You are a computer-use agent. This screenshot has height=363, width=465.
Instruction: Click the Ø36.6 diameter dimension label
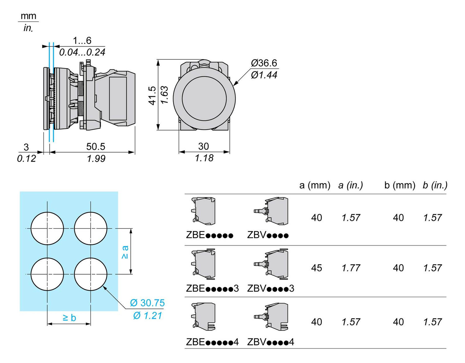point(264,63)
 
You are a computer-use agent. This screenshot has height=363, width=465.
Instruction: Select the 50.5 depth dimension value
point(96,146)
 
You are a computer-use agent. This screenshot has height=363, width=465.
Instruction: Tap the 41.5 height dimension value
point(152,96)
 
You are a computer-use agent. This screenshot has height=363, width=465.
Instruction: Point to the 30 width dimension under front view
point(204,146)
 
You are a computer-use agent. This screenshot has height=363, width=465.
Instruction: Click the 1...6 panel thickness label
point(82,41)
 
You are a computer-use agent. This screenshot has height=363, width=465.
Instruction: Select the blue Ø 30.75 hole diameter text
point(147,303)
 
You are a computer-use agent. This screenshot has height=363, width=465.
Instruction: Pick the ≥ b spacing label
point(69,318)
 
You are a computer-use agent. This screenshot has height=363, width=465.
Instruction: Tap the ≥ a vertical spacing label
point(125,252)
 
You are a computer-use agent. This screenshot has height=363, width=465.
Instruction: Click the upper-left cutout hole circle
point(47,228)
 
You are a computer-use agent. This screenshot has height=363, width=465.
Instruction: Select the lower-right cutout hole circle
point(91,274)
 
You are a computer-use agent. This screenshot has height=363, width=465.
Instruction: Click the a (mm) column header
point(314,185)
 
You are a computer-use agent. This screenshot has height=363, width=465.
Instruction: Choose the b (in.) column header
point(435,185)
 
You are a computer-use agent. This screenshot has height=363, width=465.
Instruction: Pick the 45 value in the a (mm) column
point(317,268)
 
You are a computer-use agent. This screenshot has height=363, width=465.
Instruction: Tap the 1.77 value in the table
point(351,268)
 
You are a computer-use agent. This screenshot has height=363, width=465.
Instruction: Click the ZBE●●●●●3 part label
point(212,288)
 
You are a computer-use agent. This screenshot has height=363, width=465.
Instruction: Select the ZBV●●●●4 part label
point(270,342)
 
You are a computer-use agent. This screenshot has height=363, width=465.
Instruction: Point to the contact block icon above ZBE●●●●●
point(204,211)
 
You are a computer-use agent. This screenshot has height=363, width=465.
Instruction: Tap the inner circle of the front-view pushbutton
point(204,98)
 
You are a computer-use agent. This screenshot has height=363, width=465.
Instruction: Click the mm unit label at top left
point(28,16)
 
